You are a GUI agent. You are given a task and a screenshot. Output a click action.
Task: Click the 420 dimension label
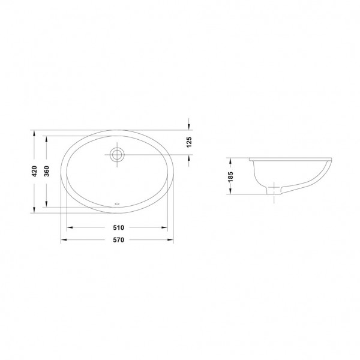click(34, 171)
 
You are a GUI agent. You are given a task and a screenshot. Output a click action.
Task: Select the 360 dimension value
click(47, 171)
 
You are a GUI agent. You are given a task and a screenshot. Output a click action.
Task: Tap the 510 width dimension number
click(118, 228)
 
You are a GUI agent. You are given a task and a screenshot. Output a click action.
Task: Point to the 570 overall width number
click(118, 240)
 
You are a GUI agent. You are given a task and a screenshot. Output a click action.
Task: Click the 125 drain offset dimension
click(189, 142)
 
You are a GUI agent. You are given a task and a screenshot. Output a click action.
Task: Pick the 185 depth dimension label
click(230, 176)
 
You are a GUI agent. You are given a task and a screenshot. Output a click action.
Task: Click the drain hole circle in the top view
click(117, 155)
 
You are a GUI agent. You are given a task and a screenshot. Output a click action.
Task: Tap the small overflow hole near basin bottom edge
click(117, 203)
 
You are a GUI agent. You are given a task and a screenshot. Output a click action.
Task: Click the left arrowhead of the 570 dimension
click(64, 239)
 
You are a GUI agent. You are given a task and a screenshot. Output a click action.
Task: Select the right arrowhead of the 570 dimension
click(170, 239)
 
